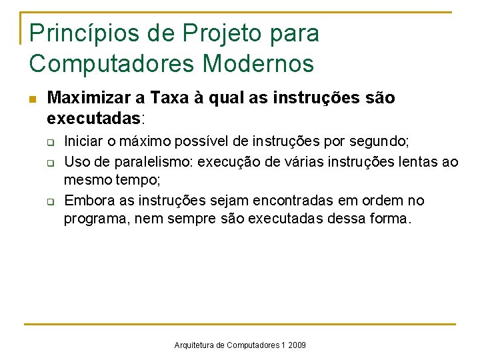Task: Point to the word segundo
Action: point(382,142)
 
